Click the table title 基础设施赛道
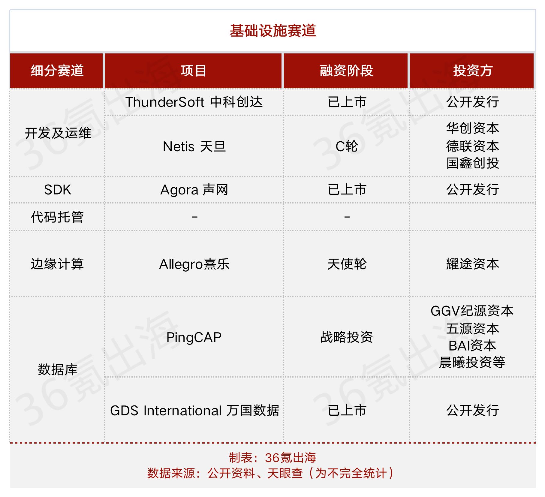coord(273,31)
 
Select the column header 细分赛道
coord(57,71)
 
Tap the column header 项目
coord(194,71)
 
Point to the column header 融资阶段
coord(346,71)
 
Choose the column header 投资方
coord(473,71)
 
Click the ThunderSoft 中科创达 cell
coord(194,102)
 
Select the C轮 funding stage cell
coord(347,147)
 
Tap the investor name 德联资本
coord(473,146)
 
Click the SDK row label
coord(57,190)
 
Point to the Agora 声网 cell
coord(194,190)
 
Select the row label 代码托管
coord(57,217)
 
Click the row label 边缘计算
coord(57,264)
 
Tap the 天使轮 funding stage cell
coord(347,264)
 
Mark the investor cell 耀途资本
coord(473,264)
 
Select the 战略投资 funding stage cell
coord(347,337)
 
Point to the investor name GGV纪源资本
coord(472,311)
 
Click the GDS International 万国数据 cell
coord(195,411)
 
